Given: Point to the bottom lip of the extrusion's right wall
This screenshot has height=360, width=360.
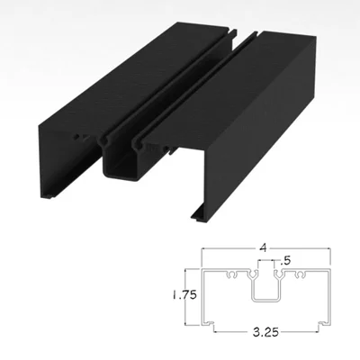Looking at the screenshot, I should [200, 216].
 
